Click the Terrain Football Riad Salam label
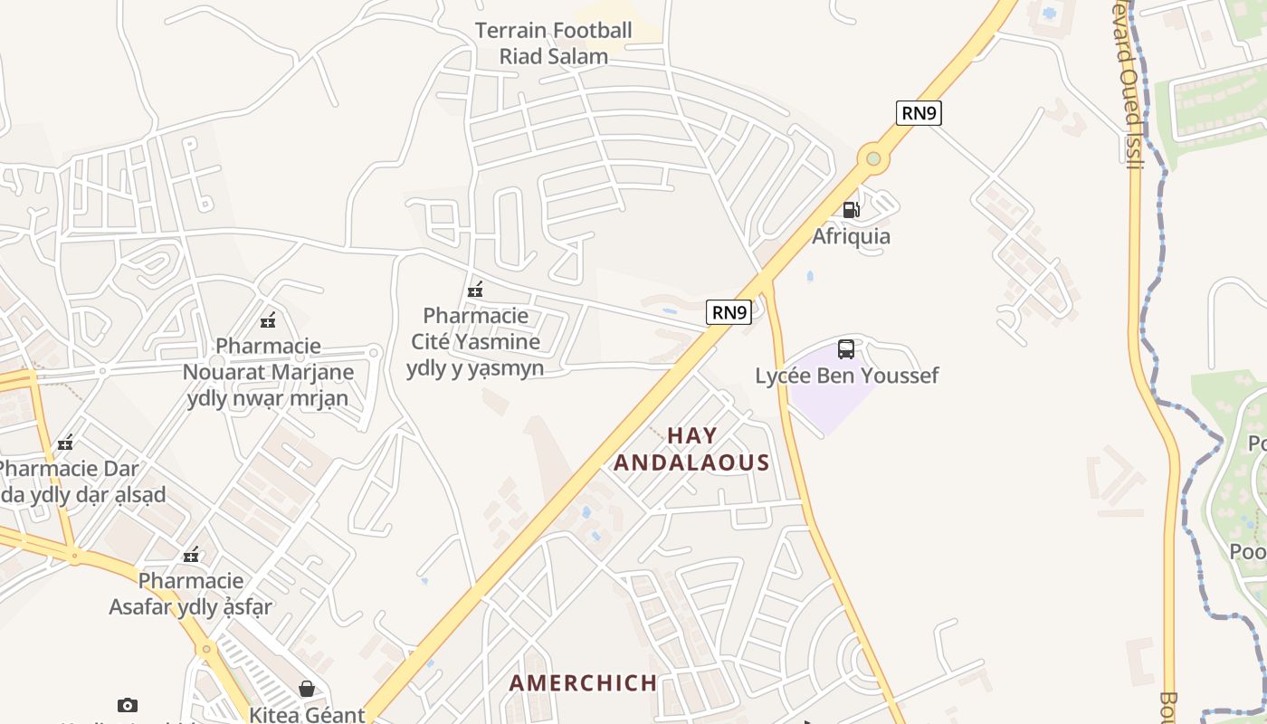pyautogui.click(x=553, y=43)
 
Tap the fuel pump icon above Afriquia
pyautogui.click(x=851, y=210)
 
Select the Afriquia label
pyautogui.click(x=851, y=236)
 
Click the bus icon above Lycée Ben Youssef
pyautogui.click(x=846, y=349)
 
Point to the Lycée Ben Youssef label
pyautogui.click(x=847, y=376)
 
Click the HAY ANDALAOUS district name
pyautogui.click(x=692, y=449)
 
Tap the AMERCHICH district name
pyautogui.click(x=583, y=682)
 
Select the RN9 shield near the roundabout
pyautogui.click(x=919, y=113)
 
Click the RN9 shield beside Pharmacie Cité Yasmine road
pyautogui.click(x=729, y=313)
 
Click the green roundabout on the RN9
pyautogui.click(x=873, y=159)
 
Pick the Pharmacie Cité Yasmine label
pyautogui.click(x=475, y=341)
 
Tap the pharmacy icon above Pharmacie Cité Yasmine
pyautogui.click(x=475, y=291)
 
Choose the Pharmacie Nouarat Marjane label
pyautogui.click(x=268, y=372)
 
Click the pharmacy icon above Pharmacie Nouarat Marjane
pyautogui.click(x=268, y=320)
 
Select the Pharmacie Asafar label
pyautogui.click(x=191, y=593)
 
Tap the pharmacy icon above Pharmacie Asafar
pyautogui.click(x=191, y=555)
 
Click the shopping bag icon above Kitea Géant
pyautogui.click(x=308, y=689)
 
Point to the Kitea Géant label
pyautogui.click(x=308, y=714)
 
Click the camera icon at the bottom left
pyautogui.click(x=128, y=705)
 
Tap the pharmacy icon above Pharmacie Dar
pyautogui.click(x=65, y=443)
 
